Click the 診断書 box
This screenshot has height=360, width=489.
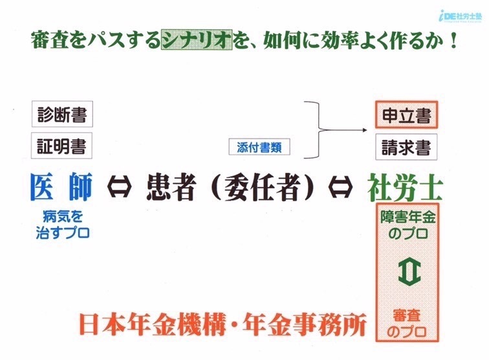point(62,114)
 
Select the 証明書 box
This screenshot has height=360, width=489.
point(61,146)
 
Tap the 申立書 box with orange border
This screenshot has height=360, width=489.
point(406,115)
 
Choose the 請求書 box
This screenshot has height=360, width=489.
point(406,147)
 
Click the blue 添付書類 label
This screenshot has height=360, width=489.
point(259,147)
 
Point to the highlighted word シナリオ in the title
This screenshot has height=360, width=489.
point(197,39)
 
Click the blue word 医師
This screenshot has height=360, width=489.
point(61,186)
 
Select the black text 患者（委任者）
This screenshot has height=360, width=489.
point(230,187)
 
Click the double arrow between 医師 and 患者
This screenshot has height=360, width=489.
point(119,186)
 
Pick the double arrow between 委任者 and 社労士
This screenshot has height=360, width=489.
point(340,187)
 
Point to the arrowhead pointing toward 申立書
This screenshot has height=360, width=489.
point(365,130)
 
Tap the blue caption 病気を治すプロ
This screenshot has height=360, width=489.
point(63,225)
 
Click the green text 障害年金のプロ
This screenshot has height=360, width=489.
point(407,225)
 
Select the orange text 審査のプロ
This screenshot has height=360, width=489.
point(406,324)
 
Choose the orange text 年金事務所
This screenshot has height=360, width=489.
point(305,325)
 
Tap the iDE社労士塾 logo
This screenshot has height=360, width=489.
point(460,17)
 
